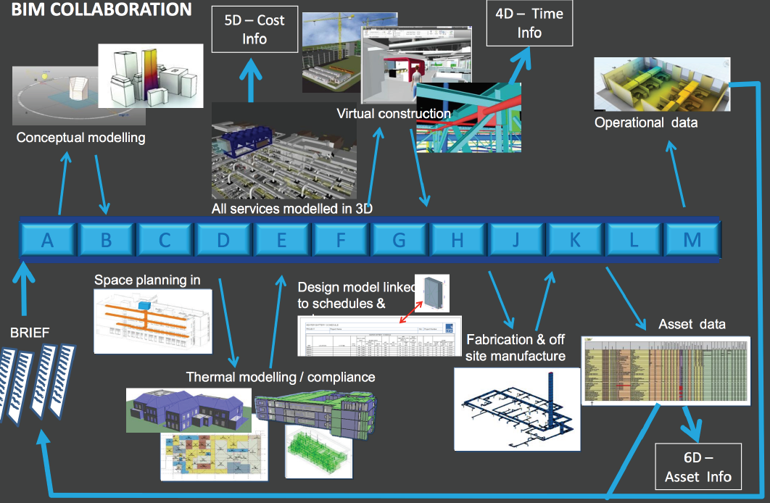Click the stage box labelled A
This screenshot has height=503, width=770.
click(48, 238)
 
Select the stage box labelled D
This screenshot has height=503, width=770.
click(223, 238)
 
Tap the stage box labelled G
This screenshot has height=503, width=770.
click(399, 238)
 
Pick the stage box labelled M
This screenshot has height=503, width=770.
click(692, 238)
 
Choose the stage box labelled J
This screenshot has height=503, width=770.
click(516, 238)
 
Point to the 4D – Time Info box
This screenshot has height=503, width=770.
click(529, 23)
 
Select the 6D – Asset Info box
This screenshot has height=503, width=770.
click(699, 467)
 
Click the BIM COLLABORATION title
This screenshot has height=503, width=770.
click(101, 9)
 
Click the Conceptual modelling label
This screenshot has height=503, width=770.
click(80, 138)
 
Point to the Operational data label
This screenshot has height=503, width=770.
click(646, 122)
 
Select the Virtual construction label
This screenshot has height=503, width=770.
click(394, 114)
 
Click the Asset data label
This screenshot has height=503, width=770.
click(692, 323)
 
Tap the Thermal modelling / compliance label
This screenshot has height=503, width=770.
click(281, 377)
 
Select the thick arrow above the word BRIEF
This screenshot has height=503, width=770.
click(23, 294)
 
